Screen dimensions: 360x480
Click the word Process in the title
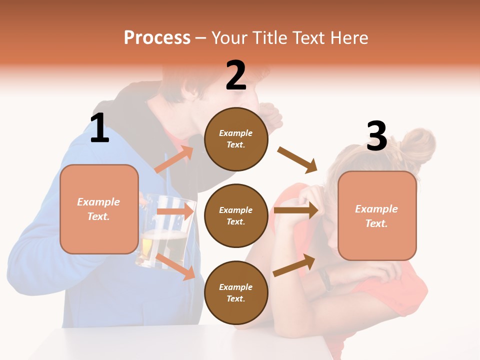[x=157, y=38]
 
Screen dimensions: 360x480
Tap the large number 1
[x=99, y=128]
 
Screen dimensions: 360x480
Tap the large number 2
[x=236, y=75]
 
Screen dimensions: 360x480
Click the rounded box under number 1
[x=99, y=209]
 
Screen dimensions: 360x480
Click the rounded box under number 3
[x=377, y=215]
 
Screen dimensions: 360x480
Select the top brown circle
[x=236, y=139]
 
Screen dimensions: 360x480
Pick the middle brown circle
[x=236, y=215]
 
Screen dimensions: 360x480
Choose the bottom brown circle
[x=236, y=292]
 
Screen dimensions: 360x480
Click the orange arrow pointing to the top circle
[x=173, y=159]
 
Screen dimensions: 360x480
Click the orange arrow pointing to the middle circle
[x=174, y=211]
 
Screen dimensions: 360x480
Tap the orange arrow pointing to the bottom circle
[x=175, y=266]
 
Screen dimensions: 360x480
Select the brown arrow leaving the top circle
[x=297, y=160]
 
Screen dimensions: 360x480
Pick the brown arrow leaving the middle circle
[x=296, y=210]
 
